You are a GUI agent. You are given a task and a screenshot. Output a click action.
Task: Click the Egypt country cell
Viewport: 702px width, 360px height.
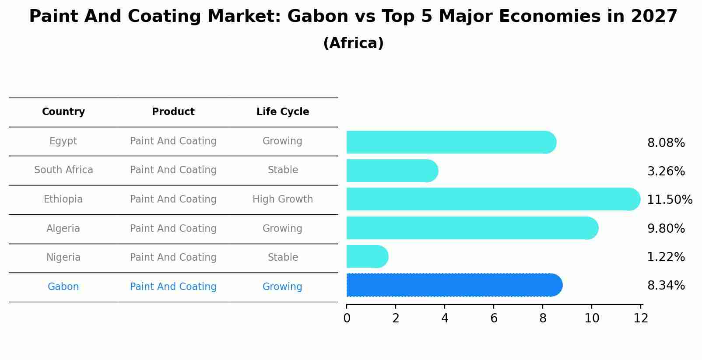pos(63,141)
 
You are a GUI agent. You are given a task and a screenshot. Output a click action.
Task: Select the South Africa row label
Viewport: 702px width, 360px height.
pos(63,170)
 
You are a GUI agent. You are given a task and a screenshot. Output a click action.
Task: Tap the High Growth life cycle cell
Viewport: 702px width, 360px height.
pos(282,199)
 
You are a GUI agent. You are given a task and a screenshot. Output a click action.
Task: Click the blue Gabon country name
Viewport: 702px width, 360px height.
pos(63,287)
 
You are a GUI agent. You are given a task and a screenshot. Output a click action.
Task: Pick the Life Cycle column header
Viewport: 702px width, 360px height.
pos(282,112)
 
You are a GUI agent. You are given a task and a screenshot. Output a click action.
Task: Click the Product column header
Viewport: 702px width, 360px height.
pos(173,112)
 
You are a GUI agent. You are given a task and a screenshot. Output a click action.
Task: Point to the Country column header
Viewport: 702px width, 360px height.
pos(63,112)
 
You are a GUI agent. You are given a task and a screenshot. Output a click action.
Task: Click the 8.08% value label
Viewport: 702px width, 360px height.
pos(666,143)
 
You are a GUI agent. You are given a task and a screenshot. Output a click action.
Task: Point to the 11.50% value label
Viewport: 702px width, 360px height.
pos(669,200)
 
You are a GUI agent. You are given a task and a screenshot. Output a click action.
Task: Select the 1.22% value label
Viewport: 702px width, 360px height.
pos(666,257)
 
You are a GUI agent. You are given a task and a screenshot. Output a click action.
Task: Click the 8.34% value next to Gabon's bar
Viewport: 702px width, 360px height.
pos(666,286)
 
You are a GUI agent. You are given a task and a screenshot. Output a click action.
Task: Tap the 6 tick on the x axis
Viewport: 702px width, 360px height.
pos(494,318)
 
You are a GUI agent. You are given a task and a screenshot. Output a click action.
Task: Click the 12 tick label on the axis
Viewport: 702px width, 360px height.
pos(641,318)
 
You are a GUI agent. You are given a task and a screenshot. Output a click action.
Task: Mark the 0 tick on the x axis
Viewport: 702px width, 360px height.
pos(347,318)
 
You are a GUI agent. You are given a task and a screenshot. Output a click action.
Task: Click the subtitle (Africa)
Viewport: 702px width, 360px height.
pos(353,43)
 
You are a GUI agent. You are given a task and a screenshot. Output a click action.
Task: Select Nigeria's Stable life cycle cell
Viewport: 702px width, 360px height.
pos(282,257)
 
